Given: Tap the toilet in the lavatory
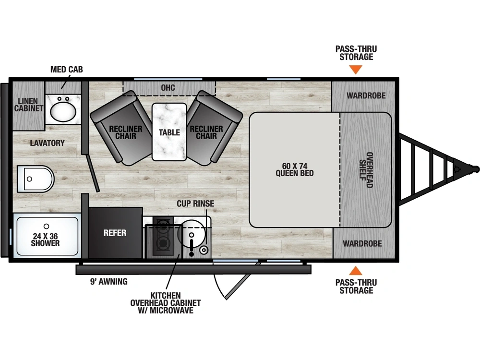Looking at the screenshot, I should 35,179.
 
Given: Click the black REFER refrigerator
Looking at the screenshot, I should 115,233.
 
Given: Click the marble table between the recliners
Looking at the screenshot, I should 169,132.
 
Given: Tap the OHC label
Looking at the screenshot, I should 168,88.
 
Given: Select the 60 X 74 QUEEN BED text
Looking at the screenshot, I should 295,169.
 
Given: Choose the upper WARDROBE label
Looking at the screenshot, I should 366,96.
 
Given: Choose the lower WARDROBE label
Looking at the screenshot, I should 362,243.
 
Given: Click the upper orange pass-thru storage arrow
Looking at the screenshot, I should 355,70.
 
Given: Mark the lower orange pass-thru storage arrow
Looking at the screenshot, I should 355,271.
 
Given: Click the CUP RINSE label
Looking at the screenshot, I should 195,204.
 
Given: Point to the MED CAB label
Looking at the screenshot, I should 67,70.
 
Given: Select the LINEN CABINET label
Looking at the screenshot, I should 29,105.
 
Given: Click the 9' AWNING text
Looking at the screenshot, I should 109,282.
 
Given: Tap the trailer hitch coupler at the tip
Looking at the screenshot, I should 474,169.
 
